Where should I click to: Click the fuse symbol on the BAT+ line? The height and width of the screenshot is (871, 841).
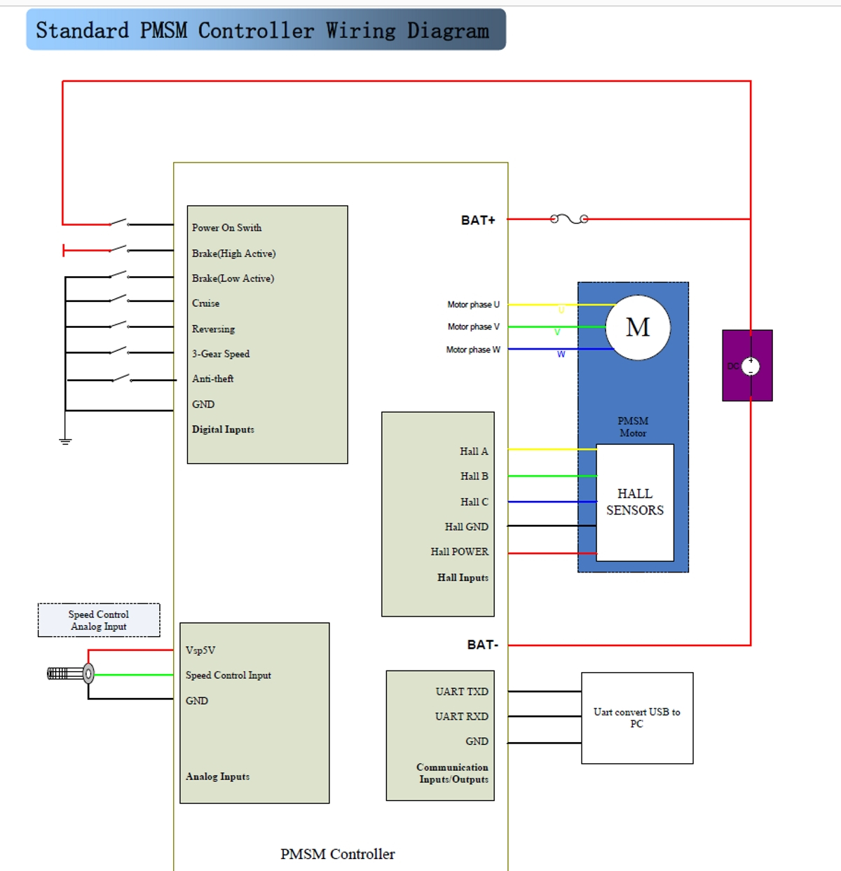pyautogui.click(x=569, y=219)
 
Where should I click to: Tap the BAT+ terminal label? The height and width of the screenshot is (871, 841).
pyautogui.click(x=478, y=220)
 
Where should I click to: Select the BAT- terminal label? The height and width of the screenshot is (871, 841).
pyautogui.click(x=482, y=645)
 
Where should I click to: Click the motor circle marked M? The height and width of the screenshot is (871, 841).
pyautogui.click(x=638, y=327)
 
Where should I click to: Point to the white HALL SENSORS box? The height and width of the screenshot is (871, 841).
pyautogui.click(x=635, y=502)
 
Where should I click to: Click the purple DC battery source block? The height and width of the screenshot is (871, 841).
pyautogui.click(x=747, y=366)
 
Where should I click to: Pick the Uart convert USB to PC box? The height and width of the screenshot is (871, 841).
pyautogui.click(x=637, y=718)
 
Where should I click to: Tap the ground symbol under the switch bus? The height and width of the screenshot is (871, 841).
pyautogui.click(x=65, y=441)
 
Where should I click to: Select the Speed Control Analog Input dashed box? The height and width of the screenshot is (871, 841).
pyautogui.click(x=99, y=620)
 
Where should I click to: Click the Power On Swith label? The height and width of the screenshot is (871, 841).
pyautogui.click(x=226, y=228)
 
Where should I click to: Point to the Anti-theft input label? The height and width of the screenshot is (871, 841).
pyautogui.click(x=212, y=378)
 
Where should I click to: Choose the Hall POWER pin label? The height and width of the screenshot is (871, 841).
pyautogui.click(x=459, y=551)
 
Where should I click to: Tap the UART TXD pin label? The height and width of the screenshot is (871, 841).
pyautogui.click(x=461, y=692)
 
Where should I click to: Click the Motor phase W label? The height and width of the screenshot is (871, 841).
pyautogui.click(x=473, y=350)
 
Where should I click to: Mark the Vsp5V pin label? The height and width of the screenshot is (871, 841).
pyautogui.click(x=200, y=650)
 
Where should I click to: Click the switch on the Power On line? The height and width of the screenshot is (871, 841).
pyautogui.click(x=119, y=223)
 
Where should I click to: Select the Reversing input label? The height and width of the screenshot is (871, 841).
pyautogui.click(x=213, y=329)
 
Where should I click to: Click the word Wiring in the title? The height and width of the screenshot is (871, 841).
pyautogui.click(x=360, y=31)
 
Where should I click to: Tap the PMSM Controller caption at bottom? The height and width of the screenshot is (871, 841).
pyautogui.click(x=337, y=853)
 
